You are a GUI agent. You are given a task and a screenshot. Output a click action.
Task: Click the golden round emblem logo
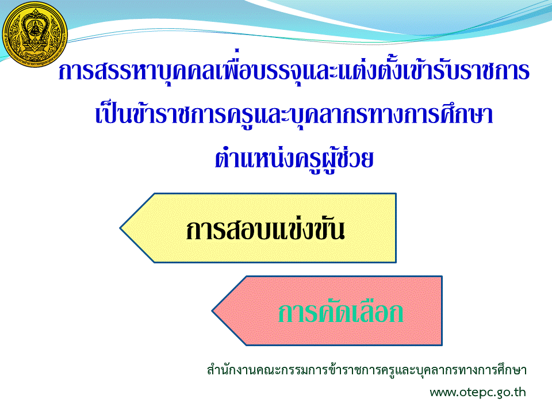pyautogui.click(x=34, y=34)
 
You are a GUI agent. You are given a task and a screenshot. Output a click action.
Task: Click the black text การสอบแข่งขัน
pyautogui.click(x=265, y=230)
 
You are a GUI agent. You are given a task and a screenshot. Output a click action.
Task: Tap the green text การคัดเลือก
pyautogui.click(x=340, y=312)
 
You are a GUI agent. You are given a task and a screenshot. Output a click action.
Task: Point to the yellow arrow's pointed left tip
pyautogui.click(x=120, y=228)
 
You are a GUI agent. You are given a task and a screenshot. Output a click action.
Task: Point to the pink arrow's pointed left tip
pyautogui.click(x=212, y=311)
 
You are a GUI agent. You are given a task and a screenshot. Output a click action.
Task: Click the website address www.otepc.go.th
pyautogui.click(x=478, y=392)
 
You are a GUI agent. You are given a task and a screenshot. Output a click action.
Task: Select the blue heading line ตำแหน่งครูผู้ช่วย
pyautogui.click(x=294, y=159)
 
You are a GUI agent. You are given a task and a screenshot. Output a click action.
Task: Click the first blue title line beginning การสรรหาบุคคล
pyautogui.click(x=294, y=70)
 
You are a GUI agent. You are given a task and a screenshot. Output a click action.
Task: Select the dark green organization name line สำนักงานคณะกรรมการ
pyautogui.click(x=366, y=370)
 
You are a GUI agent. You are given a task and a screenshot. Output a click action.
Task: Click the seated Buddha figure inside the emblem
pyautogui.click(x=34, y=28)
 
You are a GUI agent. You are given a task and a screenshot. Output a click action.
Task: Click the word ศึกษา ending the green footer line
pyautogui.click(x=512, y=370)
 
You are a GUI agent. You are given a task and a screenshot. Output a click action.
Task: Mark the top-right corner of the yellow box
pyautogui.click(x=396, y=194)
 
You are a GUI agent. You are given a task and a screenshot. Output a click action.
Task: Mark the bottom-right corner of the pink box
pyautogui.click(x=442, y=345)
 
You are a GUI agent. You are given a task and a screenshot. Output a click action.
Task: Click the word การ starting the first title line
pyautogui.click(x=76, y=71)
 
